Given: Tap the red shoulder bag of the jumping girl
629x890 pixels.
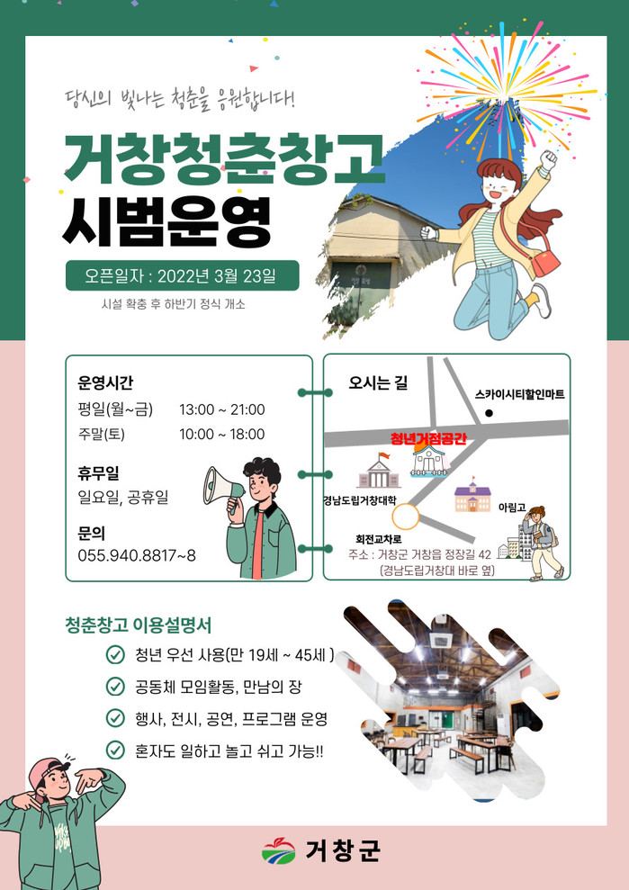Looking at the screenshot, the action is [x=544, y=262].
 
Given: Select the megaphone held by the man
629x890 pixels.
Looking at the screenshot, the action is [x=222, y=487].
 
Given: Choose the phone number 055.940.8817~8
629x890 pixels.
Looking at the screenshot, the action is [x=137, y=555].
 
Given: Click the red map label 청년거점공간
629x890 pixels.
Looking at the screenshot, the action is [x=428, y=438].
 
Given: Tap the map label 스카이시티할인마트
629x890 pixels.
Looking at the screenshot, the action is [x=520, y=394].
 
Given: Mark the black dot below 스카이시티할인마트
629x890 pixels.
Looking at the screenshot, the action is [x=489, y=414].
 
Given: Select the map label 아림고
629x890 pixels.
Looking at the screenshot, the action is [x=512, y=506].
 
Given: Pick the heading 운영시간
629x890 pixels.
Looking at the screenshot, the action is [x=105, y=383].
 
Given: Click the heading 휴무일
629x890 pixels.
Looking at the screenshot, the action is [x=98, y=472].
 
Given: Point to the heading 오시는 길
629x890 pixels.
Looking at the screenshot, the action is [x=378, y=383].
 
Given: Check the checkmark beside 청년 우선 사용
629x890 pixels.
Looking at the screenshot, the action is [x=115, y=656].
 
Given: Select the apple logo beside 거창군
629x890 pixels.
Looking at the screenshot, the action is [x=279, y=850].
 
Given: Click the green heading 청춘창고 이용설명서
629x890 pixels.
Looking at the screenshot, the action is [x=139, y=625].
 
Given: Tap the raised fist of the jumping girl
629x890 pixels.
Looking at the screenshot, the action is [x=548, y=160].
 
